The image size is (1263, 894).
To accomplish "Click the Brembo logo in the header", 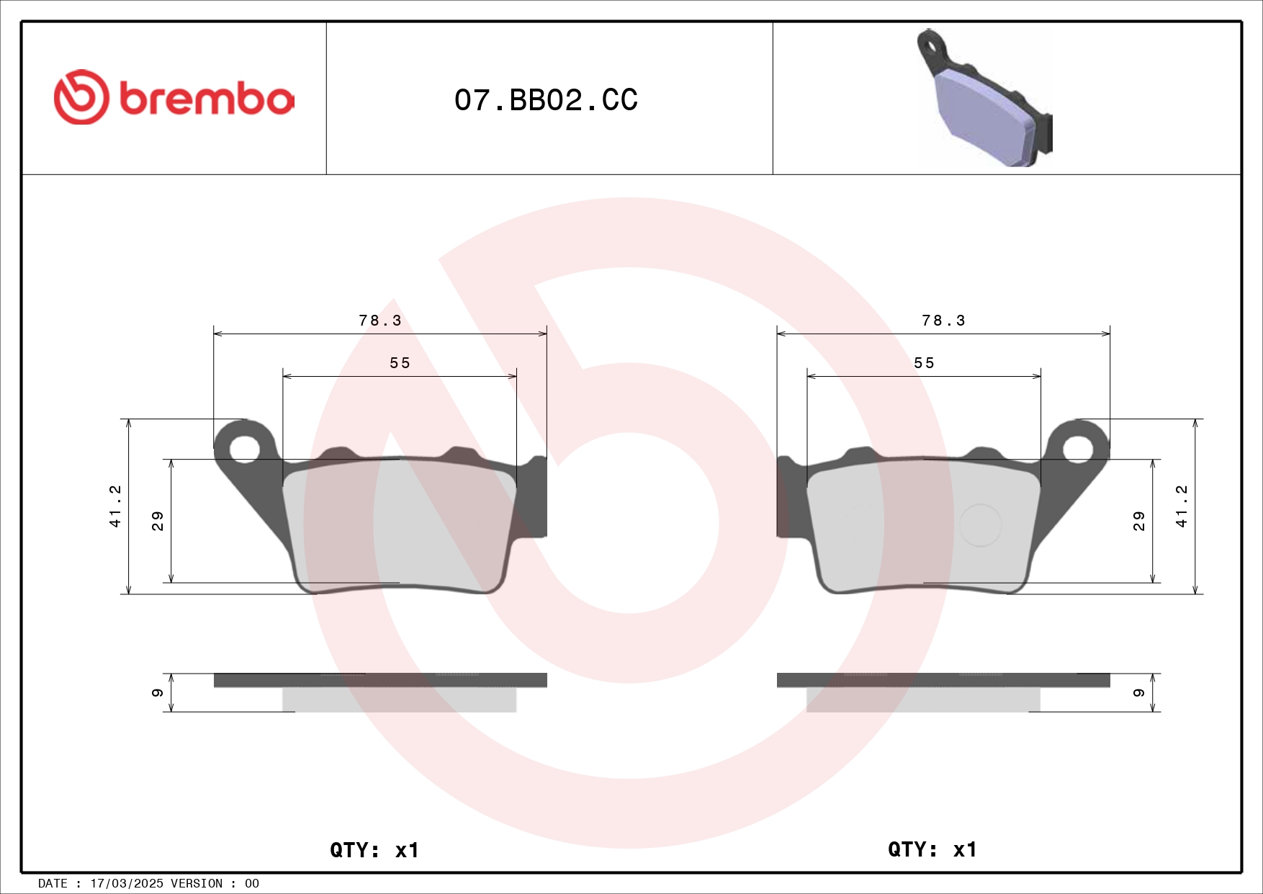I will coord(174,98).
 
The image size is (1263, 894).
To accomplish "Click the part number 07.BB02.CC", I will coord(546,100).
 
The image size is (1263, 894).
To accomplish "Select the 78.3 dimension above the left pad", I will coord(380,321).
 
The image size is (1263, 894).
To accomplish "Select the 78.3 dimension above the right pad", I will coord(943,321).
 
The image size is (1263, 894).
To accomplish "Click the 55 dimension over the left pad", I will coord(400,363).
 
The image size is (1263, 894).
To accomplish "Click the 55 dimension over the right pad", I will coord(924,363).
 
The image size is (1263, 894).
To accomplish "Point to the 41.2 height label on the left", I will coord(115,506).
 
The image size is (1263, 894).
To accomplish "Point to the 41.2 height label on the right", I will coord(1181,506).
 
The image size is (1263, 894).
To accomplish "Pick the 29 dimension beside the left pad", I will coord(158,521).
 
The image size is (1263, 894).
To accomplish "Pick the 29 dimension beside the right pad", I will coord(1138,521).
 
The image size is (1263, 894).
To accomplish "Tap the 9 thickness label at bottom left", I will coord(158,693).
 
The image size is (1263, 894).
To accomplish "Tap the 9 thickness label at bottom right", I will coord(1138,693).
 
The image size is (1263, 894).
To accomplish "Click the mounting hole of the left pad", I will coord(244,450).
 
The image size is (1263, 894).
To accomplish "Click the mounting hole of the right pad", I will coord(1078,450).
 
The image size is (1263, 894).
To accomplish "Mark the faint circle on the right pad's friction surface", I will coord(980,525).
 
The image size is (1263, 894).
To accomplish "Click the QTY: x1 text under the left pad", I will coord(374,850).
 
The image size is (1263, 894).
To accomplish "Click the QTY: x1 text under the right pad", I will coord(932,849).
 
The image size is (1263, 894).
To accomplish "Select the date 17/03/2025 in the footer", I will coord(126,883).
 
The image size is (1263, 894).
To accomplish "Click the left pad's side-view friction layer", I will coord(399,699).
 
